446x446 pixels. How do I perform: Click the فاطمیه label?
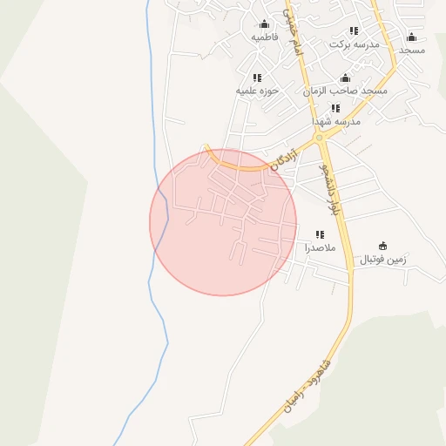point(264,38)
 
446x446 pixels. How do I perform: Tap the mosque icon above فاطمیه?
point(264,24)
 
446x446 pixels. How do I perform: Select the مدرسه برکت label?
point(355,44)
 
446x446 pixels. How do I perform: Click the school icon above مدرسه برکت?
point(354,30)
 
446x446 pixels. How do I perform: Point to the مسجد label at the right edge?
point(411,51)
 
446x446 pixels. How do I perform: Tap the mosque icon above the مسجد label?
point(411,37)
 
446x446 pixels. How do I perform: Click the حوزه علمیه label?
point(256,91)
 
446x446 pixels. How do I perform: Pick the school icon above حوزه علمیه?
point(256,77)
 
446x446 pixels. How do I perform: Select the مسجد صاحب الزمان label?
point(345,91)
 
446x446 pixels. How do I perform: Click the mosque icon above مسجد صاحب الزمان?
point(346,78)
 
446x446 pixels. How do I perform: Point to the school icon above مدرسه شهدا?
point(335,108)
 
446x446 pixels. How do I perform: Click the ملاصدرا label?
point(320,248)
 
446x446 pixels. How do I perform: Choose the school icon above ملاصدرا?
point(320,234)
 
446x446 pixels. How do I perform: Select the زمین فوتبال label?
point(383,260)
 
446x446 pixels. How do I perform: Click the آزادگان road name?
point(284,159)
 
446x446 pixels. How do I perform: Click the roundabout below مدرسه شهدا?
point(319,138)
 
